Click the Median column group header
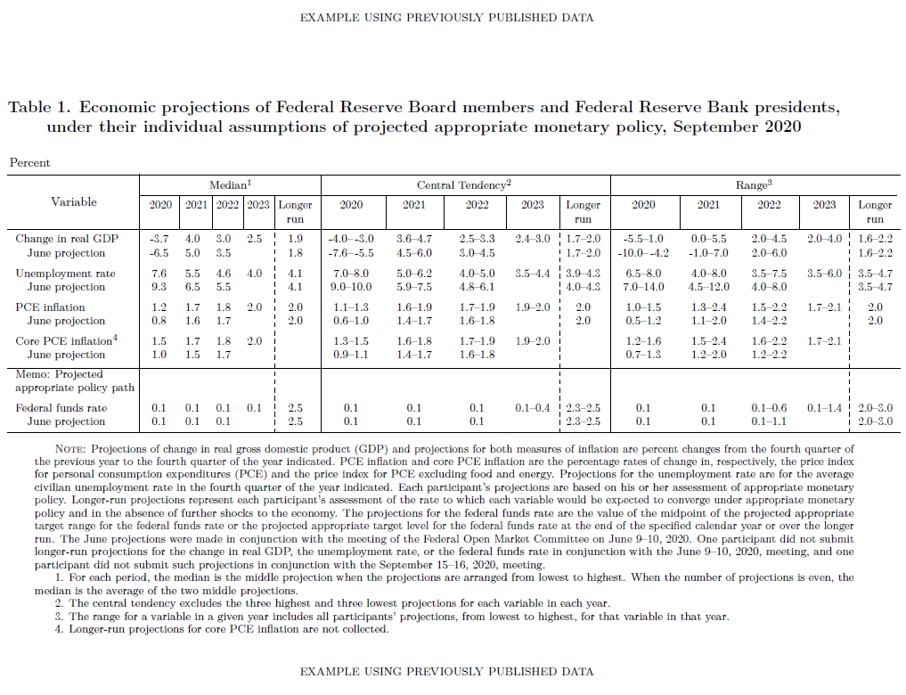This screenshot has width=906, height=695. (230, 184)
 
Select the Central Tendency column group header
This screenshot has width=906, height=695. (463, 184)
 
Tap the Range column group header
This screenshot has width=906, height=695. (753, 184)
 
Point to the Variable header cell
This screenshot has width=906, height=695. (73, 202)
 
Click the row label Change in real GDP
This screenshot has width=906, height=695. (67, 239)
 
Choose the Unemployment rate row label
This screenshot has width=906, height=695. (65, 274)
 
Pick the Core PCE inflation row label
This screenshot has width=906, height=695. (65, 341)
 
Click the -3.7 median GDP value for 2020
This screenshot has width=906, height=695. (160, 239)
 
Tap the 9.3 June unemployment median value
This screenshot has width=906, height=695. (160, 287)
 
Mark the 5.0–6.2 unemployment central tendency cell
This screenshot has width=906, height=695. (414, 274)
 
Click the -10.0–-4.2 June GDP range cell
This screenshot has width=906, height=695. (643, 252)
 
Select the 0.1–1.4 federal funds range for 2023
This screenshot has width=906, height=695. (824, 408)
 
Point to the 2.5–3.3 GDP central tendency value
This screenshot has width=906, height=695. (477, 239)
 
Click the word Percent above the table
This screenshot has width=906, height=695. (29, 163)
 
